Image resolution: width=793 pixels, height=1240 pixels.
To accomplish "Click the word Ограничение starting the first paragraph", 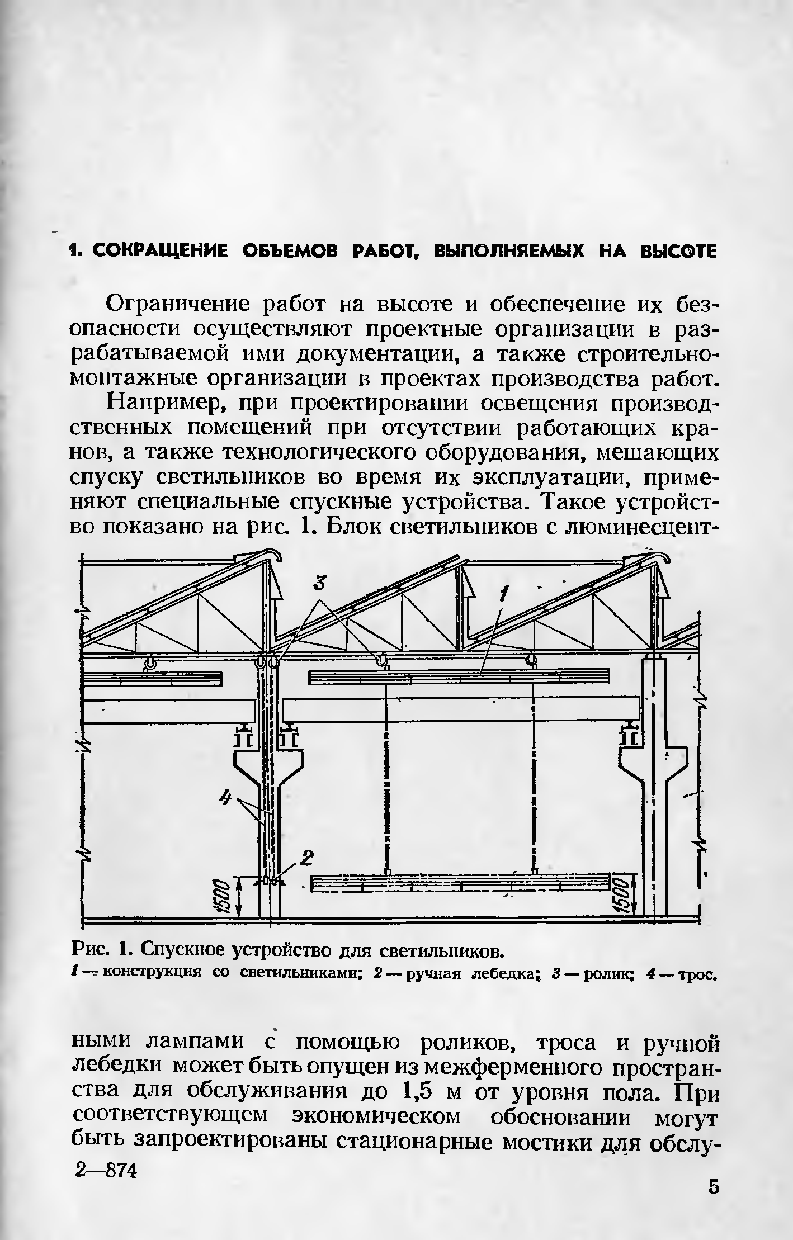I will (x=181, y=305).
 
